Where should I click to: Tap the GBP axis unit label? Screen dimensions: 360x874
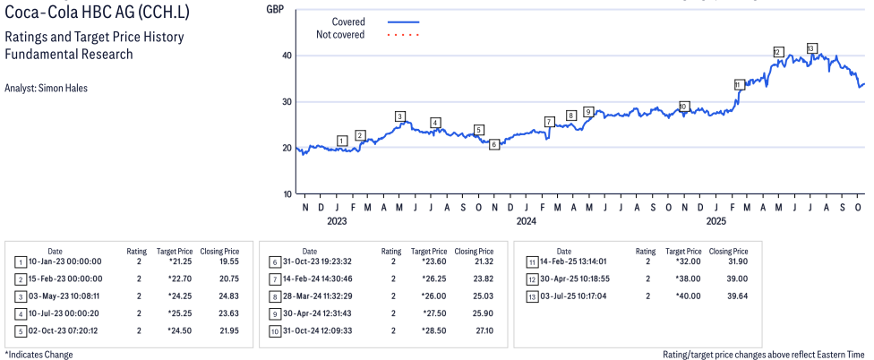tap(276, 8)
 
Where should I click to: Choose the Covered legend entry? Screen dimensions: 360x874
tap(348, 21)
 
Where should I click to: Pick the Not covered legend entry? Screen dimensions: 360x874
tap(340, 35)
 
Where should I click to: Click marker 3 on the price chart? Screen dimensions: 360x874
tap(400, 116)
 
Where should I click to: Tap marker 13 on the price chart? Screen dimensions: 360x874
tap(811, 48)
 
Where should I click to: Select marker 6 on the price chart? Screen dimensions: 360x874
tap(494, 143)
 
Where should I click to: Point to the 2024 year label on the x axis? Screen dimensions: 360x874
tap(526, 220)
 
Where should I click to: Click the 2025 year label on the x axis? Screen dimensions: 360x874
tap(715, 220)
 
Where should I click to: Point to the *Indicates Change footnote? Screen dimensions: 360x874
tap(39, 355)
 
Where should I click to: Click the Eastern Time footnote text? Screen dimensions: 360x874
tap(764, 355)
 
